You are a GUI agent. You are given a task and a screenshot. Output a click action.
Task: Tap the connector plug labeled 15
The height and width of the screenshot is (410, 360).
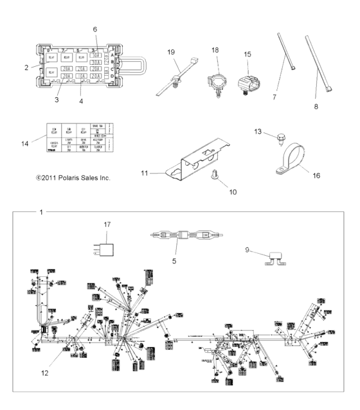click(248, 85)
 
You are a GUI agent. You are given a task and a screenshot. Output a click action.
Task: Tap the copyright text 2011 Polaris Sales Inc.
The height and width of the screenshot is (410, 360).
click(73, 177)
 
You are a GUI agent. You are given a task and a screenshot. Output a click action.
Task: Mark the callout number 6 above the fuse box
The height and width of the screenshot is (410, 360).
click(94, 30)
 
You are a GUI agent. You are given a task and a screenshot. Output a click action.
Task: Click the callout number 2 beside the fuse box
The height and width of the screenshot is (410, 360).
click(26, 67)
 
